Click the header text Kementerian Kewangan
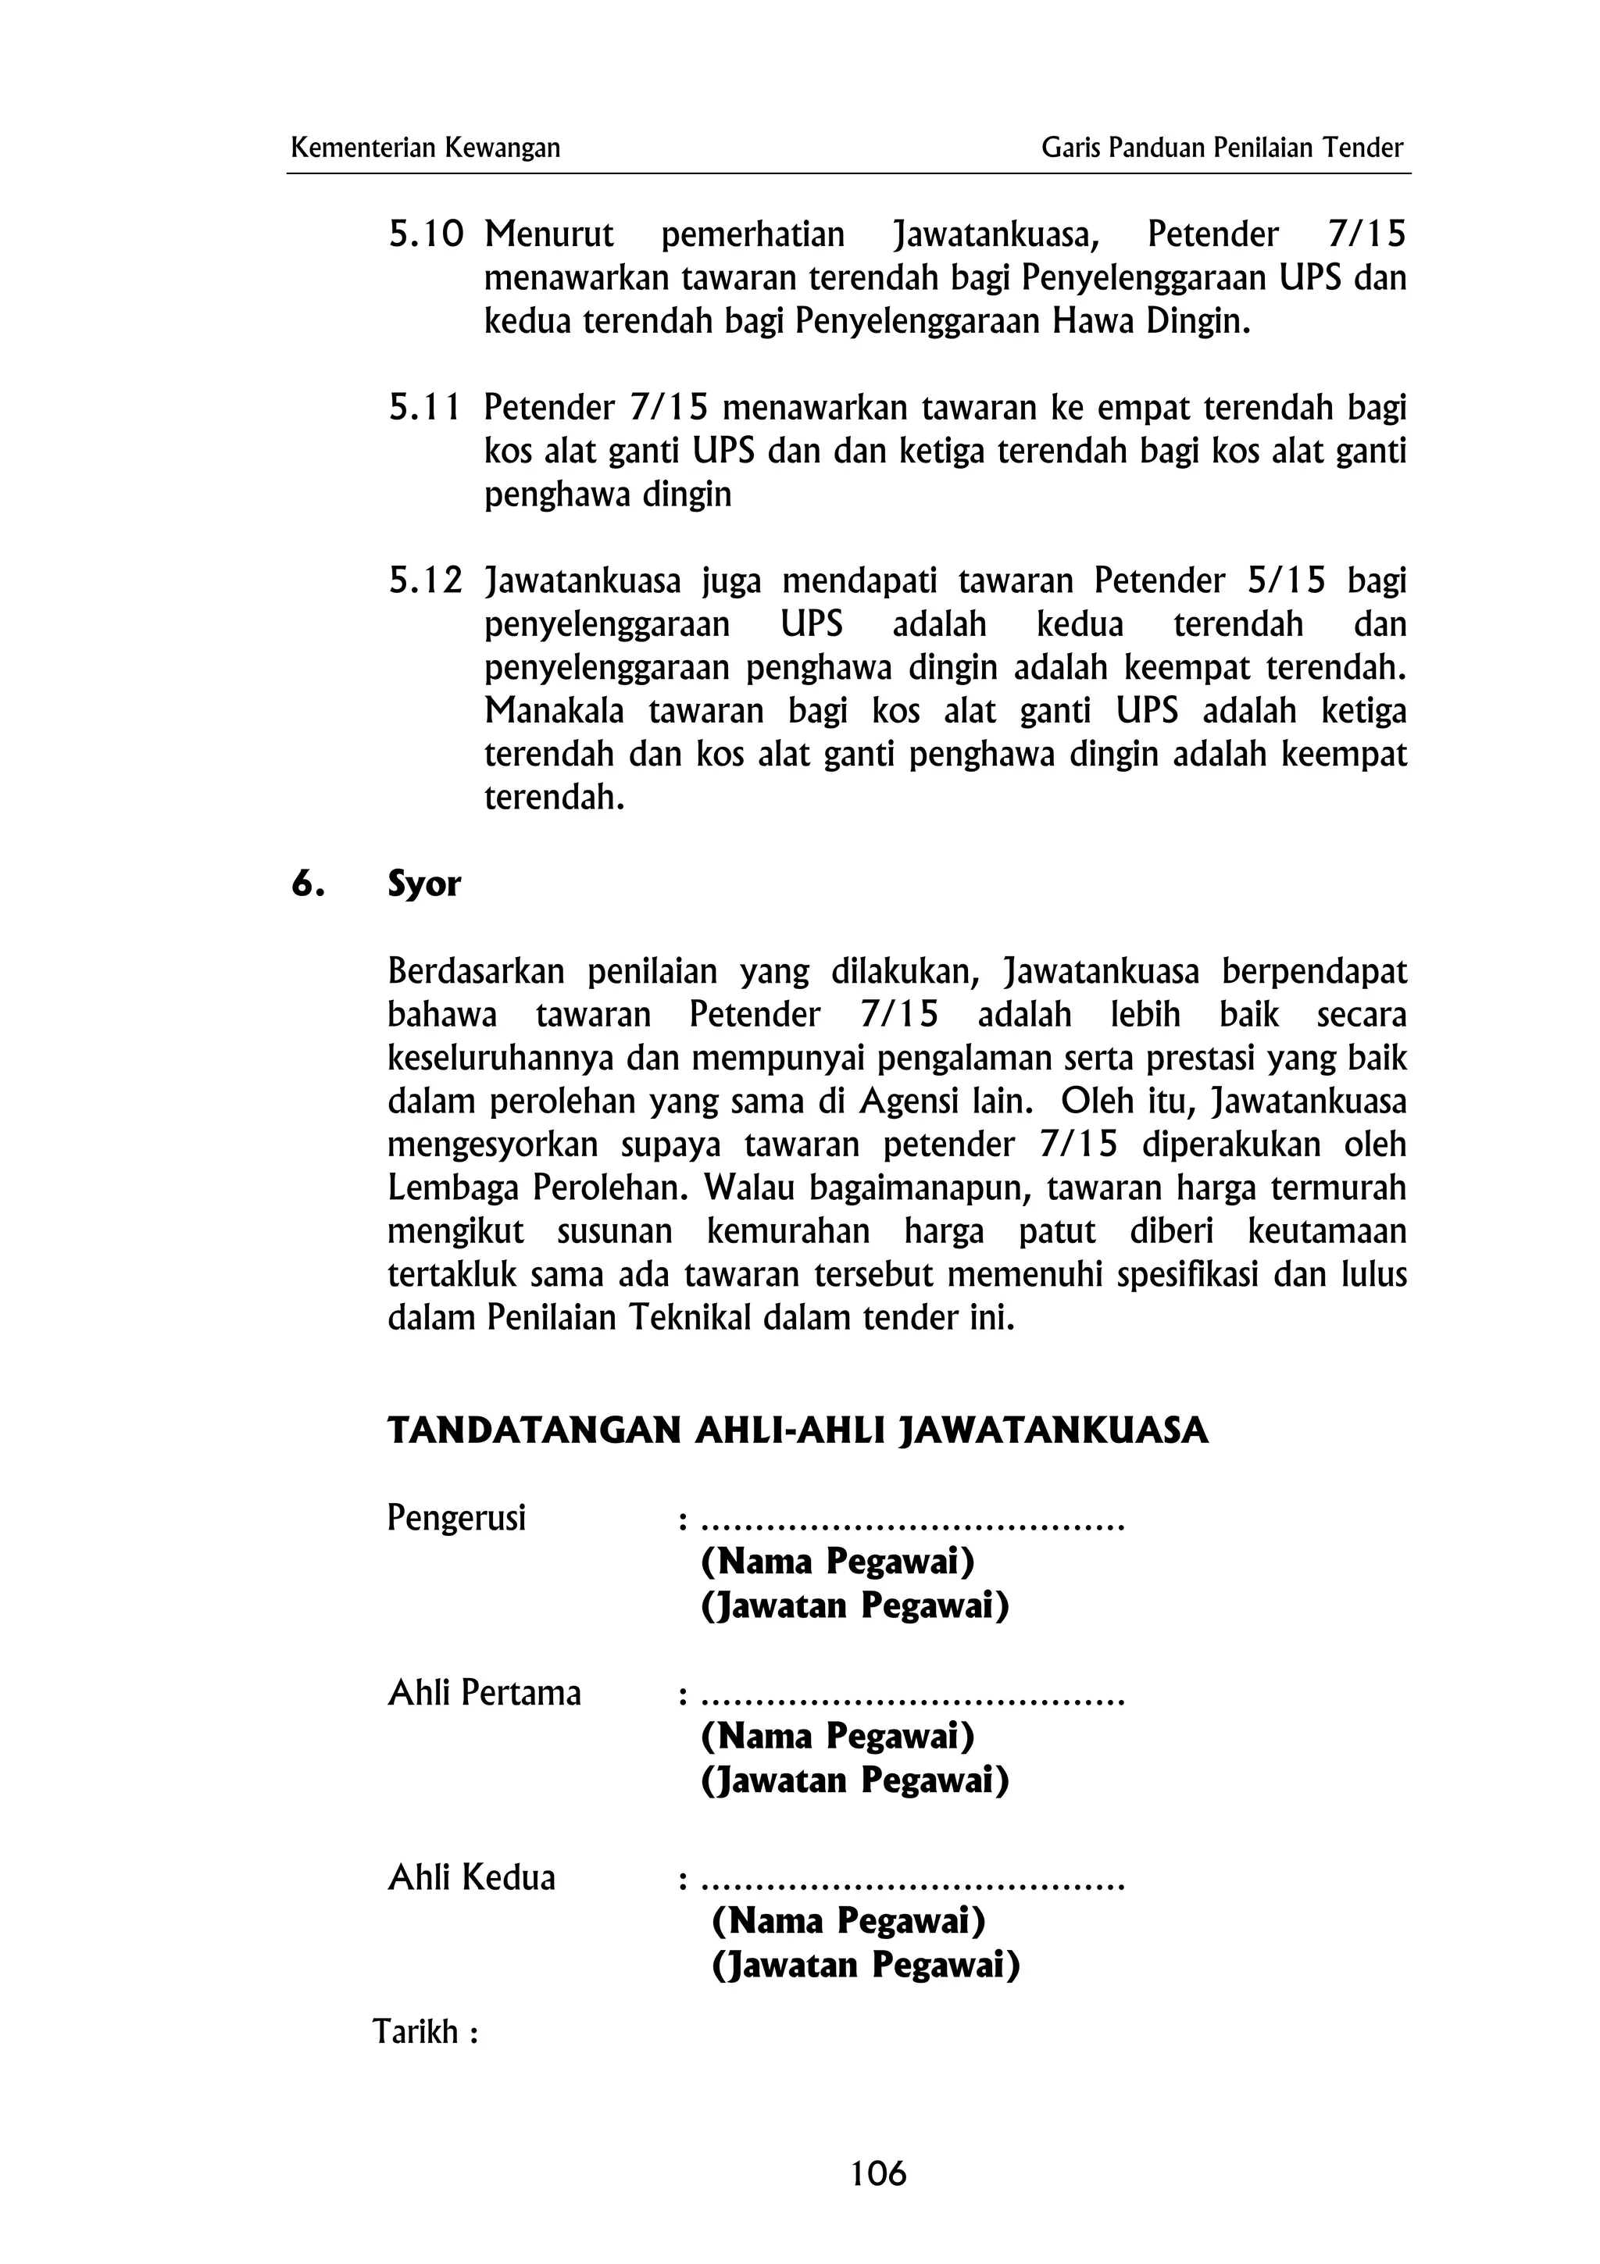click(x=425, y=148)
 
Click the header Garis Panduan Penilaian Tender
click(x=1221, y=148)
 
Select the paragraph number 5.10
click(x=426, y=234)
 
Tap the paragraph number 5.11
click(x=426, y=407)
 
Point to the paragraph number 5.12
click(x=426, y=580)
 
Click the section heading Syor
click(x=424, y=884)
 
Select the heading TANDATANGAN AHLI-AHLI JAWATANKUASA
click(x=798, y=1430)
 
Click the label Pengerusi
click(x=456, y=1518)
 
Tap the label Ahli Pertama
click(x=484, y=1693)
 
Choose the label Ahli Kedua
click(x=471, y=1877)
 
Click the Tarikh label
click(x=425, y=2032)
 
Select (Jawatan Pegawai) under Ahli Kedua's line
click(x=866, y=1966)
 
